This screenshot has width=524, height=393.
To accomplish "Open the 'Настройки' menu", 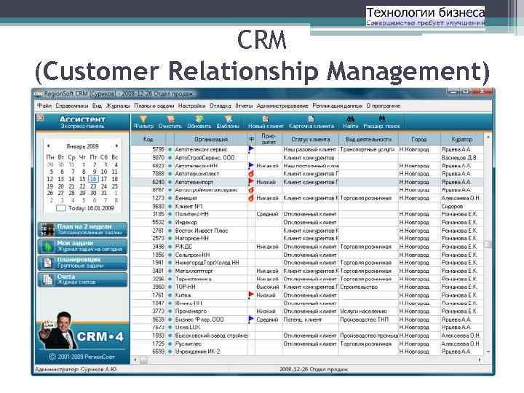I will click(192, 106).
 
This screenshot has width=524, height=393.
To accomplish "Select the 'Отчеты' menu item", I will click(244, 106).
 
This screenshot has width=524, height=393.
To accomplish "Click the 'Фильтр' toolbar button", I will click(143, 122).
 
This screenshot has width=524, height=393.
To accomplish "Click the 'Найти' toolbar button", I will click(351, 122).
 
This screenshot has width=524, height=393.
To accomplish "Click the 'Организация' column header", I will click(211, 138).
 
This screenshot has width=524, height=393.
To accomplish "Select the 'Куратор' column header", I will click(461, 138).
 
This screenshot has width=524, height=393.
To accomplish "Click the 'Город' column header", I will click(418, 138).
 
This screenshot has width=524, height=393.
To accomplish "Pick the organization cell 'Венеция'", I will click(186, 198).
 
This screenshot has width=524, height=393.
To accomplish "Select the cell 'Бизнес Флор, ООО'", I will click(199, 319).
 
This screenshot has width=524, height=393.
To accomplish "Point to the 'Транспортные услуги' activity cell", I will click(367, 149).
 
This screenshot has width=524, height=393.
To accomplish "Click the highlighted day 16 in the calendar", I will click(93, 178).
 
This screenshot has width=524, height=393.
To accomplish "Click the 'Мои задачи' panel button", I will click(82, 245).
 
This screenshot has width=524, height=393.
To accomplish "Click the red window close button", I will click(485, 93).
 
